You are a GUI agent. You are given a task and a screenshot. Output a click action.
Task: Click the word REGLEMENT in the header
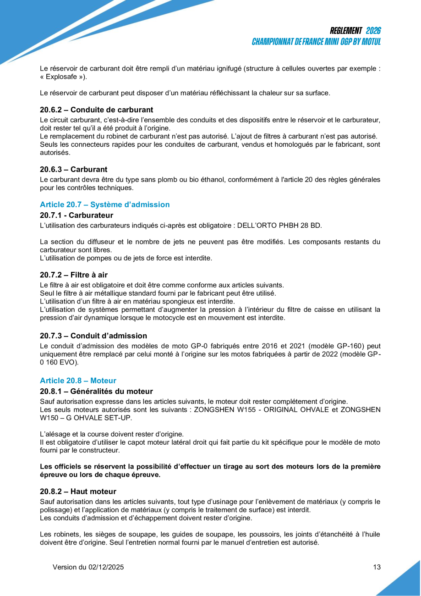point(346,31)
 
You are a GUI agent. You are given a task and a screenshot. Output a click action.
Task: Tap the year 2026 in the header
point(373,31)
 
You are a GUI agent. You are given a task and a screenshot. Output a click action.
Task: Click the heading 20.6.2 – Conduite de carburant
point(96,110)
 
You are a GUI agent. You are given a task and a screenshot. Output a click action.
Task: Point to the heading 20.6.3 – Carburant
point(73,170)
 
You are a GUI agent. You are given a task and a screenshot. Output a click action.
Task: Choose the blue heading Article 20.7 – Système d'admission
point(104,204)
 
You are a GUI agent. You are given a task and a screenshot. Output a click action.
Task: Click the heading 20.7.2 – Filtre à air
point(74,275)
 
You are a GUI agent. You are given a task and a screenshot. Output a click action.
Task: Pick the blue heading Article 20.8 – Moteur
point(78,381)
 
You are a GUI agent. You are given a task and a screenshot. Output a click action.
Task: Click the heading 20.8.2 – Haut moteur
point(78,491)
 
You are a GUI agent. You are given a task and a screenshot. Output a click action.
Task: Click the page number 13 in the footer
point(377,567)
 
